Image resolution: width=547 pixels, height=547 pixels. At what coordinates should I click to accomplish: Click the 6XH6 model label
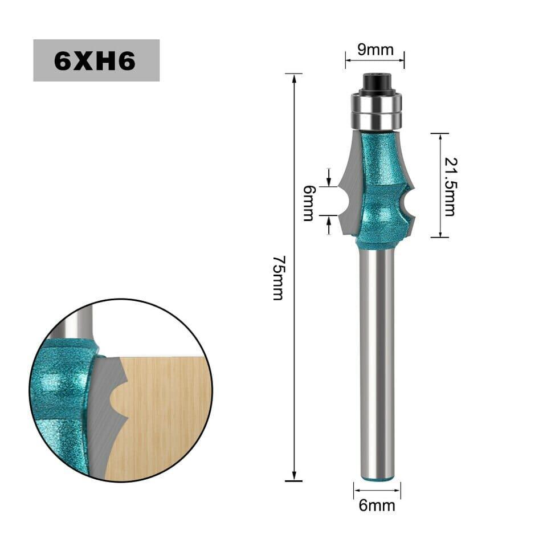[95, 61]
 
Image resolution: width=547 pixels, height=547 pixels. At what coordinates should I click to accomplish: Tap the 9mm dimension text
[375, 50]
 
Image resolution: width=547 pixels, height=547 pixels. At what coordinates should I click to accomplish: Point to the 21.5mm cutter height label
[450, 187]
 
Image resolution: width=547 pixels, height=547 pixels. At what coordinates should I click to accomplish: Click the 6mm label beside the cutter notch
[308, 203]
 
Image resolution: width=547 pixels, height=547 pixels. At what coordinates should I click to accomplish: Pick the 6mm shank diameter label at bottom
[377, 505]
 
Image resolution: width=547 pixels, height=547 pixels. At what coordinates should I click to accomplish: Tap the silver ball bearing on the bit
[377, 110]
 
